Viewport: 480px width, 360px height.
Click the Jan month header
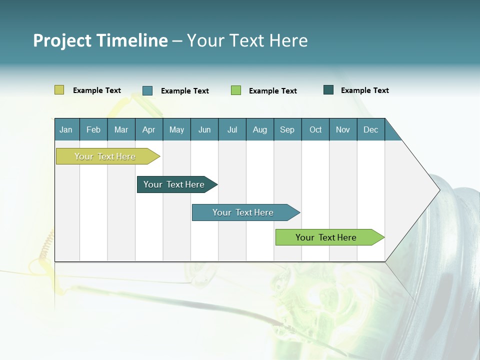pyautogui.click(x=66, y=129)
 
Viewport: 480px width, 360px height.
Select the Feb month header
pyautogui.click(x=93, y=129)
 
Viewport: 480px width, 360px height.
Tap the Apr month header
pyautogui.click(x=149, y=129)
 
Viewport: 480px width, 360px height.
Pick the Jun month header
pyautogui.click(x=204, y=129)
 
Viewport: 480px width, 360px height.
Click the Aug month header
pyautogui.click(x=260, y=129)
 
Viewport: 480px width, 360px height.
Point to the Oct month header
pyautogui.click(x=315, y=129)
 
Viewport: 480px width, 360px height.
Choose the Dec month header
pyautogui.click(x=371, y=129)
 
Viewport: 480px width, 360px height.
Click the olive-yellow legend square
pyautogui.click(x=59, y=90)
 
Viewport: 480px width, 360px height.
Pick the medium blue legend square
pyautogui.click(x=147, y=90)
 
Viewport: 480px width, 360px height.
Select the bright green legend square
pyautogui.click(x=236, y=90)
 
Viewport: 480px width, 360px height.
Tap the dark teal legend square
pyautogui.click(x=328, y=90)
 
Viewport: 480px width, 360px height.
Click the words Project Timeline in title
pyautogui.click(x=100, y=40)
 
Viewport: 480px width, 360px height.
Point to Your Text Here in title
pyautogui.click(x=247, y=40)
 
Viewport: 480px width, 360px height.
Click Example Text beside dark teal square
pyautogui.click(x=364, y=90)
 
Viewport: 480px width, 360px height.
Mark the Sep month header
pyautogui.click(x=287, y=129)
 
